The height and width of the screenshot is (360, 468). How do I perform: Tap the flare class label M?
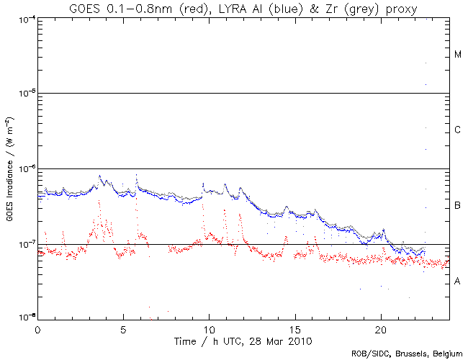pos(458,55)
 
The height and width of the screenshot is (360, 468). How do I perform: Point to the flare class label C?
pos(458,130)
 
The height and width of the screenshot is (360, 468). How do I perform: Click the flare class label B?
pos(458,207)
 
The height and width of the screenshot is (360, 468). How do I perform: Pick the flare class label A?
pos(458,282)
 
